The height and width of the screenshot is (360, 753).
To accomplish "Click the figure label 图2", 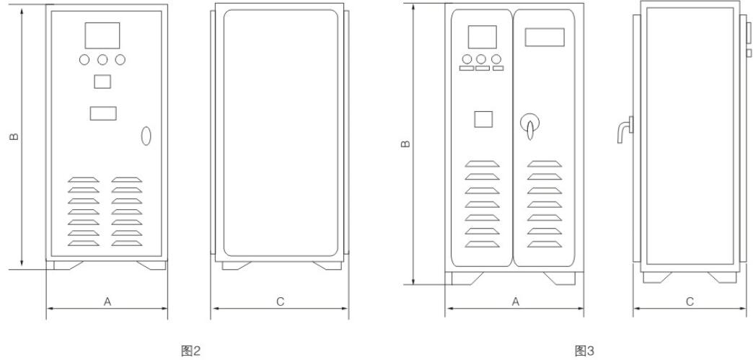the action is pyautogui.click(x=190, y=351).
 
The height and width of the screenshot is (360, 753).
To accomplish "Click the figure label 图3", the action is pyautogui.click(x=584, y=351).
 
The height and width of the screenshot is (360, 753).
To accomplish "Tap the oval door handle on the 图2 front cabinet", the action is pyautogui.click(x=146, y=136).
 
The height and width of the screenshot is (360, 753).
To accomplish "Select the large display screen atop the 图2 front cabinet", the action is pyautogui.click(x=102, y=35).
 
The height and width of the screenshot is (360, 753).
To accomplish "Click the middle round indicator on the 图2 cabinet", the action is pyautogui.click(x=102, y=60).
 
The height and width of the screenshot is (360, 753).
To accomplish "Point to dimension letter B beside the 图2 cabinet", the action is pyautogui.click(x=14, y=137).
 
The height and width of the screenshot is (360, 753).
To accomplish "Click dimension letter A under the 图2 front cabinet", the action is pyautogui.click(x=107, y=302).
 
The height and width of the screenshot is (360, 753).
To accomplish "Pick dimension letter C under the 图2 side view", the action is pyautogui.click(x=281, y=302).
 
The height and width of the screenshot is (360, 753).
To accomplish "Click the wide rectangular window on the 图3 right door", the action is pyautogui.click(x=545, y=37).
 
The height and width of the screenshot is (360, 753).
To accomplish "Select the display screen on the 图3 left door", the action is pyautogui.click(x=483, y=37).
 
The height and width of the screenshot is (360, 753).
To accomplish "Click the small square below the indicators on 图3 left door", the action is pyautogui.click(x=483, y=119).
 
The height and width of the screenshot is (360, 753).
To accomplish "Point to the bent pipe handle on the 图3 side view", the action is pyautogui.click(x=625, y=130).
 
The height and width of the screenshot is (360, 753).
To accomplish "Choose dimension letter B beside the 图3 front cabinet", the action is pyautogui.click(x=406, y=144).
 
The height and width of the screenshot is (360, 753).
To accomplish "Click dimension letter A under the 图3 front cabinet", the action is pyautogui.click(x=516, y=302).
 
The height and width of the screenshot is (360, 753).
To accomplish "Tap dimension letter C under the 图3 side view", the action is pyautogui.click(x=690, y=302).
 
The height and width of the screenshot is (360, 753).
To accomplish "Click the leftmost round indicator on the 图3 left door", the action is pyautogui.click(x=467, y=59).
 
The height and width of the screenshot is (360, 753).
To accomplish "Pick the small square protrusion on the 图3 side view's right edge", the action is pyautogui.click(x=748, y=53).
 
